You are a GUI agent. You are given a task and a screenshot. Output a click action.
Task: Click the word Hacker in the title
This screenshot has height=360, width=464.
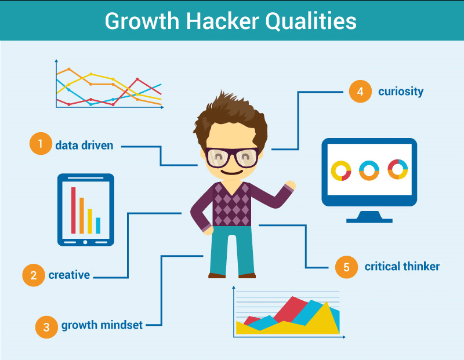point(222,21)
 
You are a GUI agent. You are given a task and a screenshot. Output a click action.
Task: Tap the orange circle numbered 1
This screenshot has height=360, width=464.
point(41,143)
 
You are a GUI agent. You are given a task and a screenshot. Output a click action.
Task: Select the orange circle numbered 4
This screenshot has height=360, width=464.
point(360,92)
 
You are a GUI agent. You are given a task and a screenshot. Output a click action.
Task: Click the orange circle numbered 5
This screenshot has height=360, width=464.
point(346,267)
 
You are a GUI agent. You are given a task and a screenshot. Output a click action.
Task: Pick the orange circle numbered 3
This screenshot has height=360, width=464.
point(46,327)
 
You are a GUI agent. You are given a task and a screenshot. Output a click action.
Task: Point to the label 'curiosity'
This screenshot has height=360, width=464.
point(401,92)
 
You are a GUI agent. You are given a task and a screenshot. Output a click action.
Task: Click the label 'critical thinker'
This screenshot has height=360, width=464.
point(402,267)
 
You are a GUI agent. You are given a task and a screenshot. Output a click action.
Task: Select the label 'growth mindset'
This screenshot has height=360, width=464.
point(102,325)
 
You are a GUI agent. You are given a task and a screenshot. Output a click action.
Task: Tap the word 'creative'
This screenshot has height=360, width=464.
point(69,275)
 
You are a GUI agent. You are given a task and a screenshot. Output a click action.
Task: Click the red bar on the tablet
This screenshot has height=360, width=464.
point(74,210)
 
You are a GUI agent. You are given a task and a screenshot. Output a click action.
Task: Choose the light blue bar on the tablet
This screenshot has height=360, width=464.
point(98,226)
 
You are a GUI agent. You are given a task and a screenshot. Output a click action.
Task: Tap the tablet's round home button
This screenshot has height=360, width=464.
point(85,242)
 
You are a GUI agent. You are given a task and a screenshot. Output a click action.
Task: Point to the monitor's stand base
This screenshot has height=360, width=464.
point(369,220)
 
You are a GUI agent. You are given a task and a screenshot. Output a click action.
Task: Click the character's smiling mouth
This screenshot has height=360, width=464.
point(232,172)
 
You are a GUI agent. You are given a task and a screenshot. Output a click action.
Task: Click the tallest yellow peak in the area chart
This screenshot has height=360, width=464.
point(327,302)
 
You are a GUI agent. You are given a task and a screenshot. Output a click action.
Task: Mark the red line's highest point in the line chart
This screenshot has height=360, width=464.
point(137,79)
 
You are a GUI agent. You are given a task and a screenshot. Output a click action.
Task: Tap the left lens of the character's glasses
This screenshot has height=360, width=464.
point(219,158)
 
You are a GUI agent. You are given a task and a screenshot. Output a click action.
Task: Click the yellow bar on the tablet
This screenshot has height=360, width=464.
point(90,221)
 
